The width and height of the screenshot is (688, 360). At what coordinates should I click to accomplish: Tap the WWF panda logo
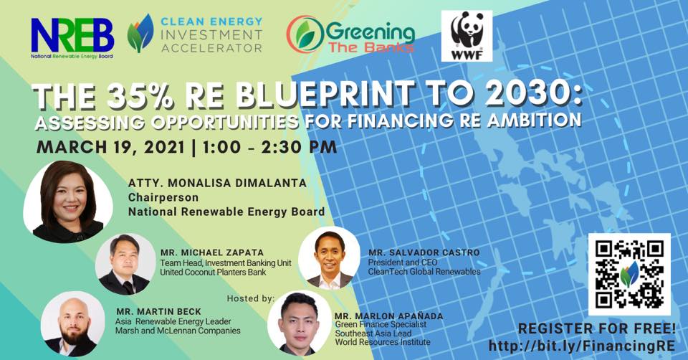467,36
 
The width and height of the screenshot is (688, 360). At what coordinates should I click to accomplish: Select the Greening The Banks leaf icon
304,35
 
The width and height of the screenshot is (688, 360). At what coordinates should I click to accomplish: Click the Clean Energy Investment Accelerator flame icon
140,34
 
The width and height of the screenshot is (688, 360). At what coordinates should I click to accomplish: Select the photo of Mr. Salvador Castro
328,260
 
